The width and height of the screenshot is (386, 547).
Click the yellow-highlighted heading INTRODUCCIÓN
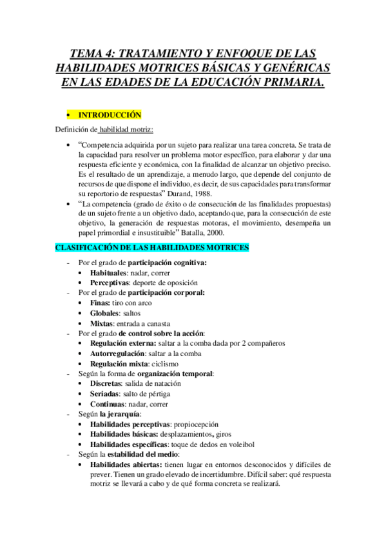click(x=109, y=115)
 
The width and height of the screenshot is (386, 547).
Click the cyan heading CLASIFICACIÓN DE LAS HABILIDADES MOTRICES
click(x=152, y=248)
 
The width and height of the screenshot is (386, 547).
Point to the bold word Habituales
click(x=108, y=273)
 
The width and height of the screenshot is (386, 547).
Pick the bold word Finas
click(x=101, y=303)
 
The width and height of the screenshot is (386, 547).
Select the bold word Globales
click(x=106, y=313)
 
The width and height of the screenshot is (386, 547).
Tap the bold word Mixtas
click(x=103, y=323)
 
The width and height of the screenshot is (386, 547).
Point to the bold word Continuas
click(x=108, y=403)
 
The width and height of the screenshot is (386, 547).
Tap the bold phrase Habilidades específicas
click(x=129, y=444)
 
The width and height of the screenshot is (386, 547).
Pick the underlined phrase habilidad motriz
click(x=126, y=129)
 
